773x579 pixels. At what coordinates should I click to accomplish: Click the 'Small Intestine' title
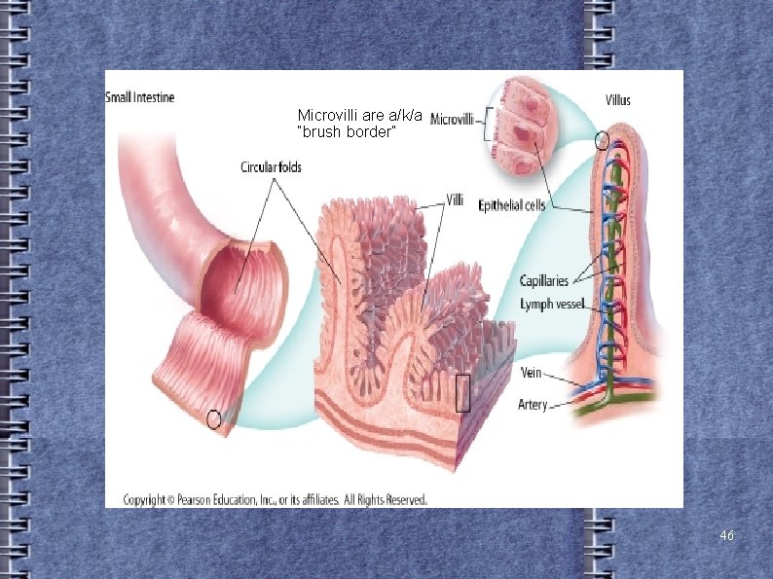click(x=140, y=97)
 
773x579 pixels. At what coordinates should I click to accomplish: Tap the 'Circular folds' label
click(x=271, y=167)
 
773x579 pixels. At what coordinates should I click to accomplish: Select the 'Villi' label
click(x=455, y=200)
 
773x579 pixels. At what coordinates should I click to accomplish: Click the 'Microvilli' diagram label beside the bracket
click(x=452, y=120)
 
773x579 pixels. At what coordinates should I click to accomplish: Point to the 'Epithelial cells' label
click(x=511, y=204)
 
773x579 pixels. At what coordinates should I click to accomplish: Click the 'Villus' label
click(x=617, y=99)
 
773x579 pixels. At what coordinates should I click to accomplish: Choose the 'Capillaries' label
click(x=543, y=281)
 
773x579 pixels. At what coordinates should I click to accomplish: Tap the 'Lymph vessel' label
click(x=552, y=305)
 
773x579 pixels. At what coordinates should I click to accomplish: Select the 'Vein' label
click(x=532, y=373)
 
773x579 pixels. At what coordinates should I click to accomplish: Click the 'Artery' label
click(x=534, y=404)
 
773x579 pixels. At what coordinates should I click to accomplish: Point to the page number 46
click(x=726, y=536)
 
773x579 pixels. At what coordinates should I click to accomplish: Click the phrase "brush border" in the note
click(x=347, y=132)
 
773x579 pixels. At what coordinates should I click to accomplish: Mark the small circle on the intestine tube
click(x=214, y=419)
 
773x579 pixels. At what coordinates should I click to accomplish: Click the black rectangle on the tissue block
click(x=463, y=393)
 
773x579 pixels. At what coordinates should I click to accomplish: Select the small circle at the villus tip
click(x=602, y=140)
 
